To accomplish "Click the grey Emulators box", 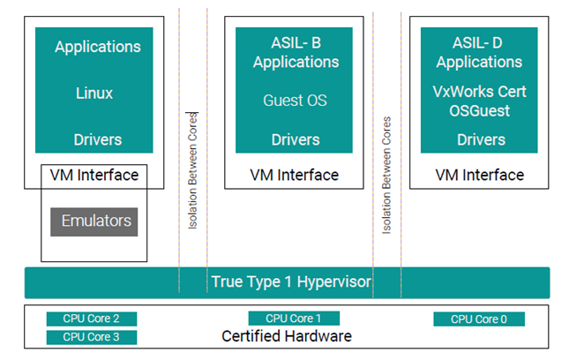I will pos(94,221).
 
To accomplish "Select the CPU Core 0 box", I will pos(478,319).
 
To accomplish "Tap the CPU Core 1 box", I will pos(294,319).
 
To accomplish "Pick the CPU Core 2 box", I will pos(91,319).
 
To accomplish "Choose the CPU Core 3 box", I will pos(91,336).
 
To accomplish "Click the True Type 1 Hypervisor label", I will pos(290,282).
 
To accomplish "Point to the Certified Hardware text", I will pos(286,336).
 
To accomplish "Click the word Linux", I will pos(94,93).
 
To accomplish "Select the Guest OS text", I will pos(295,101).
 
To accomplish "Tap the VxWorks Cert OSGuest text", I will pos(479,101).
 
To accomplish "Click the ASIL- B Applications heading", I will pos(295,52).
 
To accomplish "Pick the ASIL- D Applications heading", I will pos(479,52).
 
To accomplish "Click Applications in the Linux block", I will pos(97,47).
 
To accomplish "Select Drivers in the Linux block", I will pos(97,139).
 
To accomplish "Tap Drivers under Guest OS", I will pos(296,139).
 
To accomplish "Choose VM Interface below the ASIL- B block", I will pos(295,175).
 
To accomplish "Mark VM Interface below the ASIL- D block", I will pos(480,175).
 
